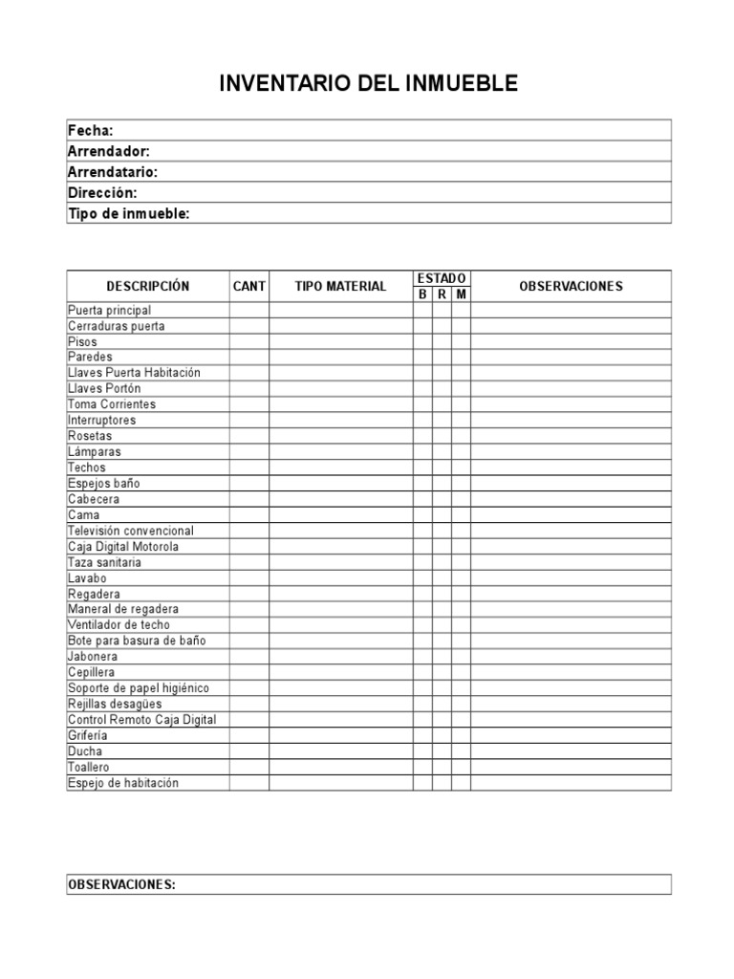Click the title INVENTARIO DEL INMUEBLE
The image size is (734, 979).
pyautogui.click(x=368, y=84)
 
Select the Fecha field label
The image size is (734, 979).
pyautogui.click(x=91, y=130)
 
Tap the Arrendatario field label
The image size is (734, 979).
pyautogui.click(x=113, y=172)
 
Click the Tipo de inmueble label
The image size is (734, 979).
pyautogui.click(x=129, y=214)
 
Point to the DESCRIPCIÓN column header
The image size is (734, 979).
pyautogui.click(x=148, y=286)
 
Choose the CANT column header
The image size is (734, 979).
pyautogui.click(x=249, y=286)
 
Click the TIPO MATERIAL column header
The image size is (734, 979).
pyautogui.click(x=340, y=286)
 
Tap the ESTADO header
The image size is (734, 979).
pyautogui.click(x=442, y=278)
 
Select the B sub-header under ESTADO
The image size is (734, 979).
pyautogui.click(x=422, y=294)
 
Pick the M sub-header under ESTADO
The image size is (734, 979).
pyautogui.click(x=462, y=294)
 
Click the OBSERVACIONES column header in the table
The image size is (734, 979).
pyautogui.click(x=571, y=286)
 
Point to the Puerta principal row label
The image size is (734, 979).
pyautogui.click(x=110, y=310)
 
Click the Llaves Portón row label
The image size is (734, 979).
pyautogui.click(x=104, y=389)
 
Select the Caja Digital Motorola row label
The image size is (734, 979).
pyautogui.click(x=123, y=547)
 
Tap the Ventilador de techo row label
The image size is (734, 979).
pyautogui.click(x=119, y=625)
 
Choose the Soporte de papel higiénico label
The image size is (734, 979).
pyautogui.click(x=139, y=688)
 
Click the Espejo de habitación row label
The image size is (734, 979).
pyautogui.click(x=123, y=783)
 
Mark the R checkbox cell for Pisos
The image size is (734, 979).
pyautogui.click(x=442, y=341)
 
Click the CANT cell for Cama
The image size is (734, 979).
pyautogui.click(x=249, y=515)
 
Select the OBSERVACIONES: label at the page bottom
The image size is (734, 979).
pyautogui.click(x=121, y=884)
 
